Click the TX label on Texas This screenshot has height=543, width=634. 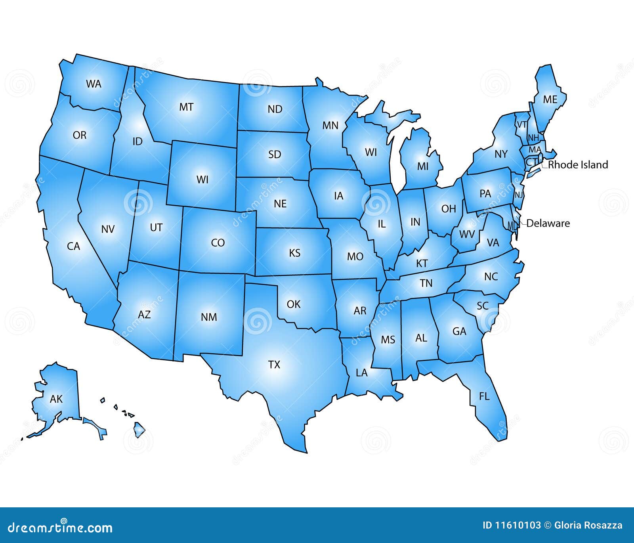[x=274, y=365]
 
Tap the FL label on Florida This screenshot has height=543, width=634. [x=484, y=396]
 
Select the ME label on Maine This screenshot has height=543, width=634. [x=550, y=99]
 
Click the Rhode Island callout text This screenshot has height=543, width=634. [x=578, y=165]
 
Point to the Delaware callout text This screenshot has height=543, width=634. [x=548, y=224]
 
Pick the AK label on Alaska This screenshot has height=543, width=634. [x=56, y=399]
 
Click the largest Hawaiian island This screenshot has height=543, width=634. [x=139, y=430]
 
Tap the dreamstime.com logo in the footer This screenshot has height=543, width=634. [x=60, y=527]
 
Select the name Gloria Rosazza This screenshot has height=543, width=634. [x=588, y=526]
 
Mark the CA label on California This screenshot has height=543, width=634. [x=73, y=247]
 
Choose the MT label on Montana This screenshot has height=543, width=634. [x=186, y=107]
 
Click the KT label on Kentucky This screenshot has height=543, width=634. [x=422, y=263]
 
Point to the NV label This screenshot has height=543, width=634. [x=108, y=229]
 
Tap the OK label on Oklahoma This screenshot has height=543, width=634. [x=294, y=304]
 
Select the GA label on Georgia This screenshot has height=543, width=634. [x=459, y=331]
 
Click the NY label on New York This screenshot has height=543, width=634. [x=501, y=154]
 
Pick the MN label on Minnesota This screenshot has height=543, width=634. [x=330, y=126]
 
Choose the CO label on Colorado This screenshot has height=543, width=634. [x=218, y=243]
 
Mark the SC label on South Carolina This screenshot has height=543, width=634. [x=483, y=306]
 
